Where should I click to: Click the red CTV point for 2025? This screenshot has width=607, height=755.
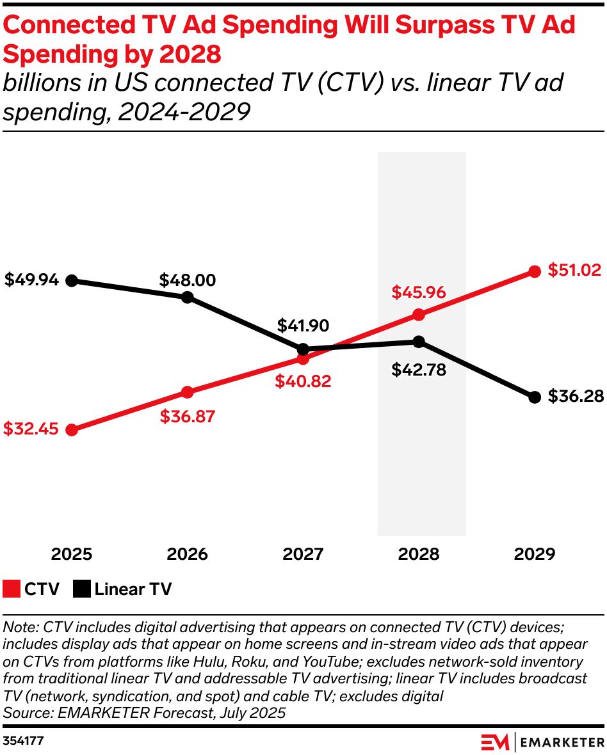72,430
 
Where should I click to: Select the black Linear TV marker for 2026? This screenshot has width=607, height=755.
187,297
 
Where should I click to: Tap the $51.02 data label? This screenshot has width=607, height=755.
574,270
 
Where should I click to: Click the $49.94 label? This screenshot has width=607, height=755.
31,280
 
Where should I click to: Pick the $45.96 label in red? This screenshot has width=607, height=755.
418,293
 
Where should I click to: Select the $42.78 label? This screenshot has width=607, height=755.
419,370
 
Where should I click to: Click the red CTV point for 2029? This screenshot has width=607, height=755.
534,271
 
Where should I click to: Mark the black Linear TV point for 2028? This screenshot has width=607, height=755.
419,342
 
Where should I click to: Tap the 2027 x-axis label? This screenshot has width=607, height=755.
303,554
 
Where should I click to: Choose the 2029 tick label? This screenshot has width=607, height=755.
534,554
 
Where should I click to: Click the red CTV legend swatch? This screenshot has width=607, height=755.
12,589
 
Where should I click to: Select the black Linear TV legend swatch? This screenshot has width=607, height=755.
81,589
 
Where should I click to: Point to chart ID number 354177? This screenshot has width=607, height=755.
23,741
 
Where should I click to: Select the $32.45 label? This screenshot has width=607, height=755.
31,429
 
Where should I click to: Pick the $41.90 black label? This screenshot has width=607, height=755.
303,326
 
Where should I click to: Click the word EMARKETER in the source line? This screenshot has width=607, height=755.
86,712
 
